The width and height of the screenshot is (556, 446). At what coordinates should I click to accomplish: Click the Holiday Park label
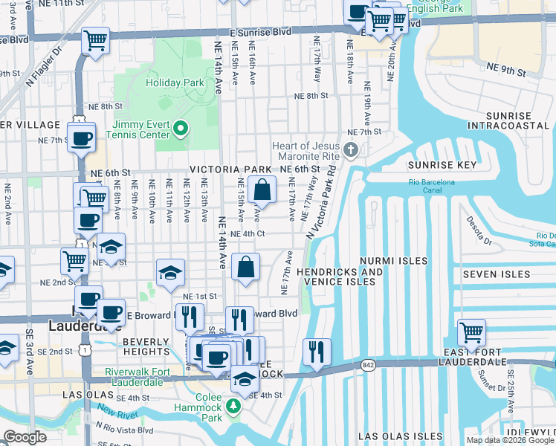pos(175,83)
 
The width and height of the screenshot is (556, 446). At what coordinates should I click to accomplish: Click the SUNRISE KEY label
pos(442,165)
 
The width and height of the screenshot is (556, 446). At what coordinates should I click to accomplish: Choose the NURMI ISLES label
pos(393,261)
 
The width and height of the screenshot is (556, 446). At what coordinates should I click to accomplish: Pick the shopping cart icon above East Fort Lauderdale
pos(471,332)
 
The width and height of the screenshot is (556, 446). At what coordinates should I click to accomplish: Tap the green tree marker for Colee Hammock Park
pos(234,406)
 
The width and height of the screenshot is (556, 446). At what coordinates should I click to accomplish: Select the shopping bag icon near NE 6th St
pos(262,190)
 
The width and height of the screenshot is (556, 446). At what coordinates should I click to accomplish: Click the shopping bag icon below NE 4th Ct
pos(245,267)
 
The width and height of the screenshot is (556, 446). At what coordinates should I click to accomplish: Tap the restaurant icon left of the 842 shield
pos(317,351)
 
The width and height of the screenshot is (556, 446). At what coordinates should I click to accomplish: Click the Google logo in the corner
pos(25,437)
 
